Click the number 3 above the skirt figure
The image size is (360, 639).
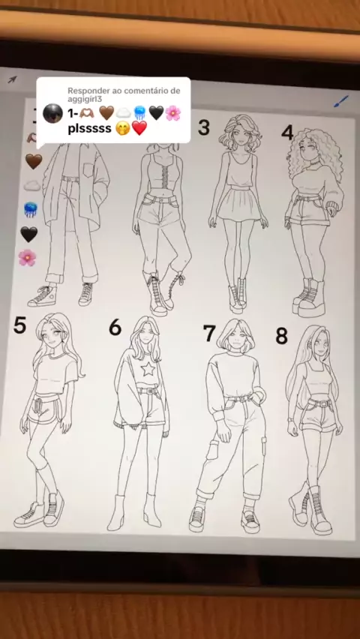pos(204,127)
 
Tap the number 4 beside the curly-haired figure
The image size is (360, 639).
pos(287,133)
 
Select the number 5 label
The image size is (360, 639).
pos(19,325)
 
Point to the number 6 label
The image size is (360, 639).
pos(115,327)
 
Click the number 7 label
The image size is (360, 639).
pos(209,333)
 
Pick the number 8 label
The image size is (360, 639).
pos(282,336)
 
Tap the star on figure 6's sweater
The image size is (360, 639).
pos(148,369)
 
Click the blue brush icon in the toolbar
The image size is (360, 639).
pos(341,101)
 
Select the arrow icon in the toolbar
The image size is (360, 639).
pos(13,79)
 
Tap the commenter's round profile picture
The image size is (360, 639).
pos(53,113)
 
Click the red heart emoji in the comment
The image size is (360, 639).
pos(139,128)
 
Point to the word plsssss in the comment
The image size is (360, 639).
pos(90,129)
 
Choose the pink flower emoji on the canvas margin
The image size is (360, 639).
pos(27,257)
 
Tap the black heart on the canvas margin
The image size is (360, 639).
pos(29,234)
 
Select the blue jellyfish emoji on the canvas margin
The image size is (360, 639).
pos(31,209)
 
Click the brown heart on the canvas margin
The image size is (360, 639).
pos(34,161)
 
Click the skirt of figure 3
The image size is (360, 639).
pos(238,203)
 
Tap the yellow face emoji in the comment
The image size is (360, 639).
pos(123,129)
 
